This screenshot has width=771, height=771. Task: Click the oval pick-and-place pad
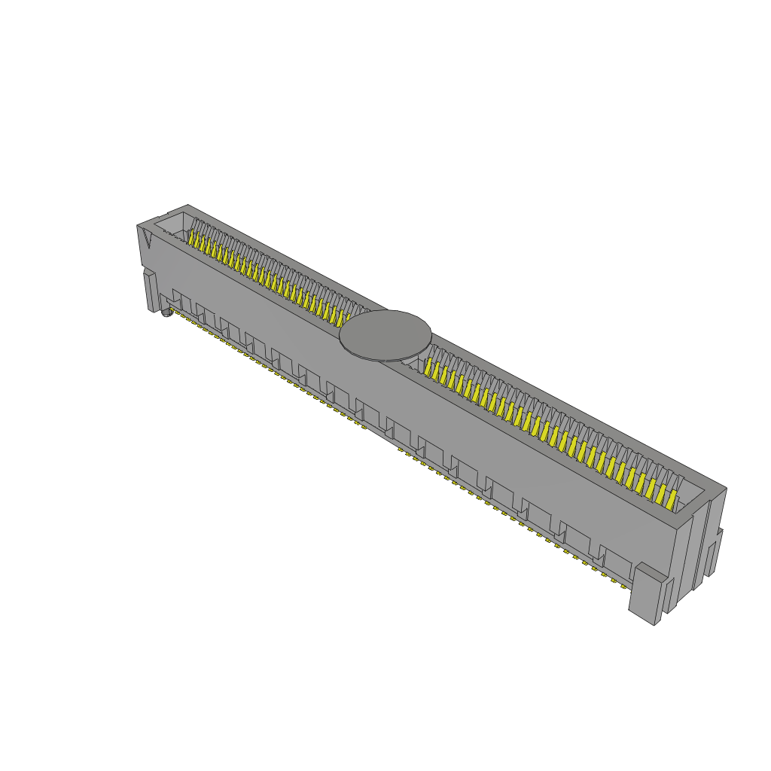click(x=385, y=336)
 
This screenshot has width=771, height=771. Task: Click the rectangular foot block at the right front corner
click(x=646, y=595)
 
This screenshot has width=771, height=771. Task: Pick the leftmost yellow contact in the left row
click(x=191, y=239)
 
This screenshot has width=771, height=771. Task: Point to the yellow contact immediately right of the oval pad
click(x=430, y=367)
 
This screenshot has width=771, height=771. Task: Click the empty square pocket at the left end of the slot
click(x=172, y=224)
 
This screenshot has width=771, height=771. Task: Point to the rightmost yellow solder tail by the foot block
click(x=623, y=584)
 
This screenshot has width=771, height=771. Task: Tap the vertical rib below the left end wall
click(x=150, y=290)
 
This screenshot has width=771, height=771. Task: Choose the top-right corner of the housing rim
click(x=726, y=489)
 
